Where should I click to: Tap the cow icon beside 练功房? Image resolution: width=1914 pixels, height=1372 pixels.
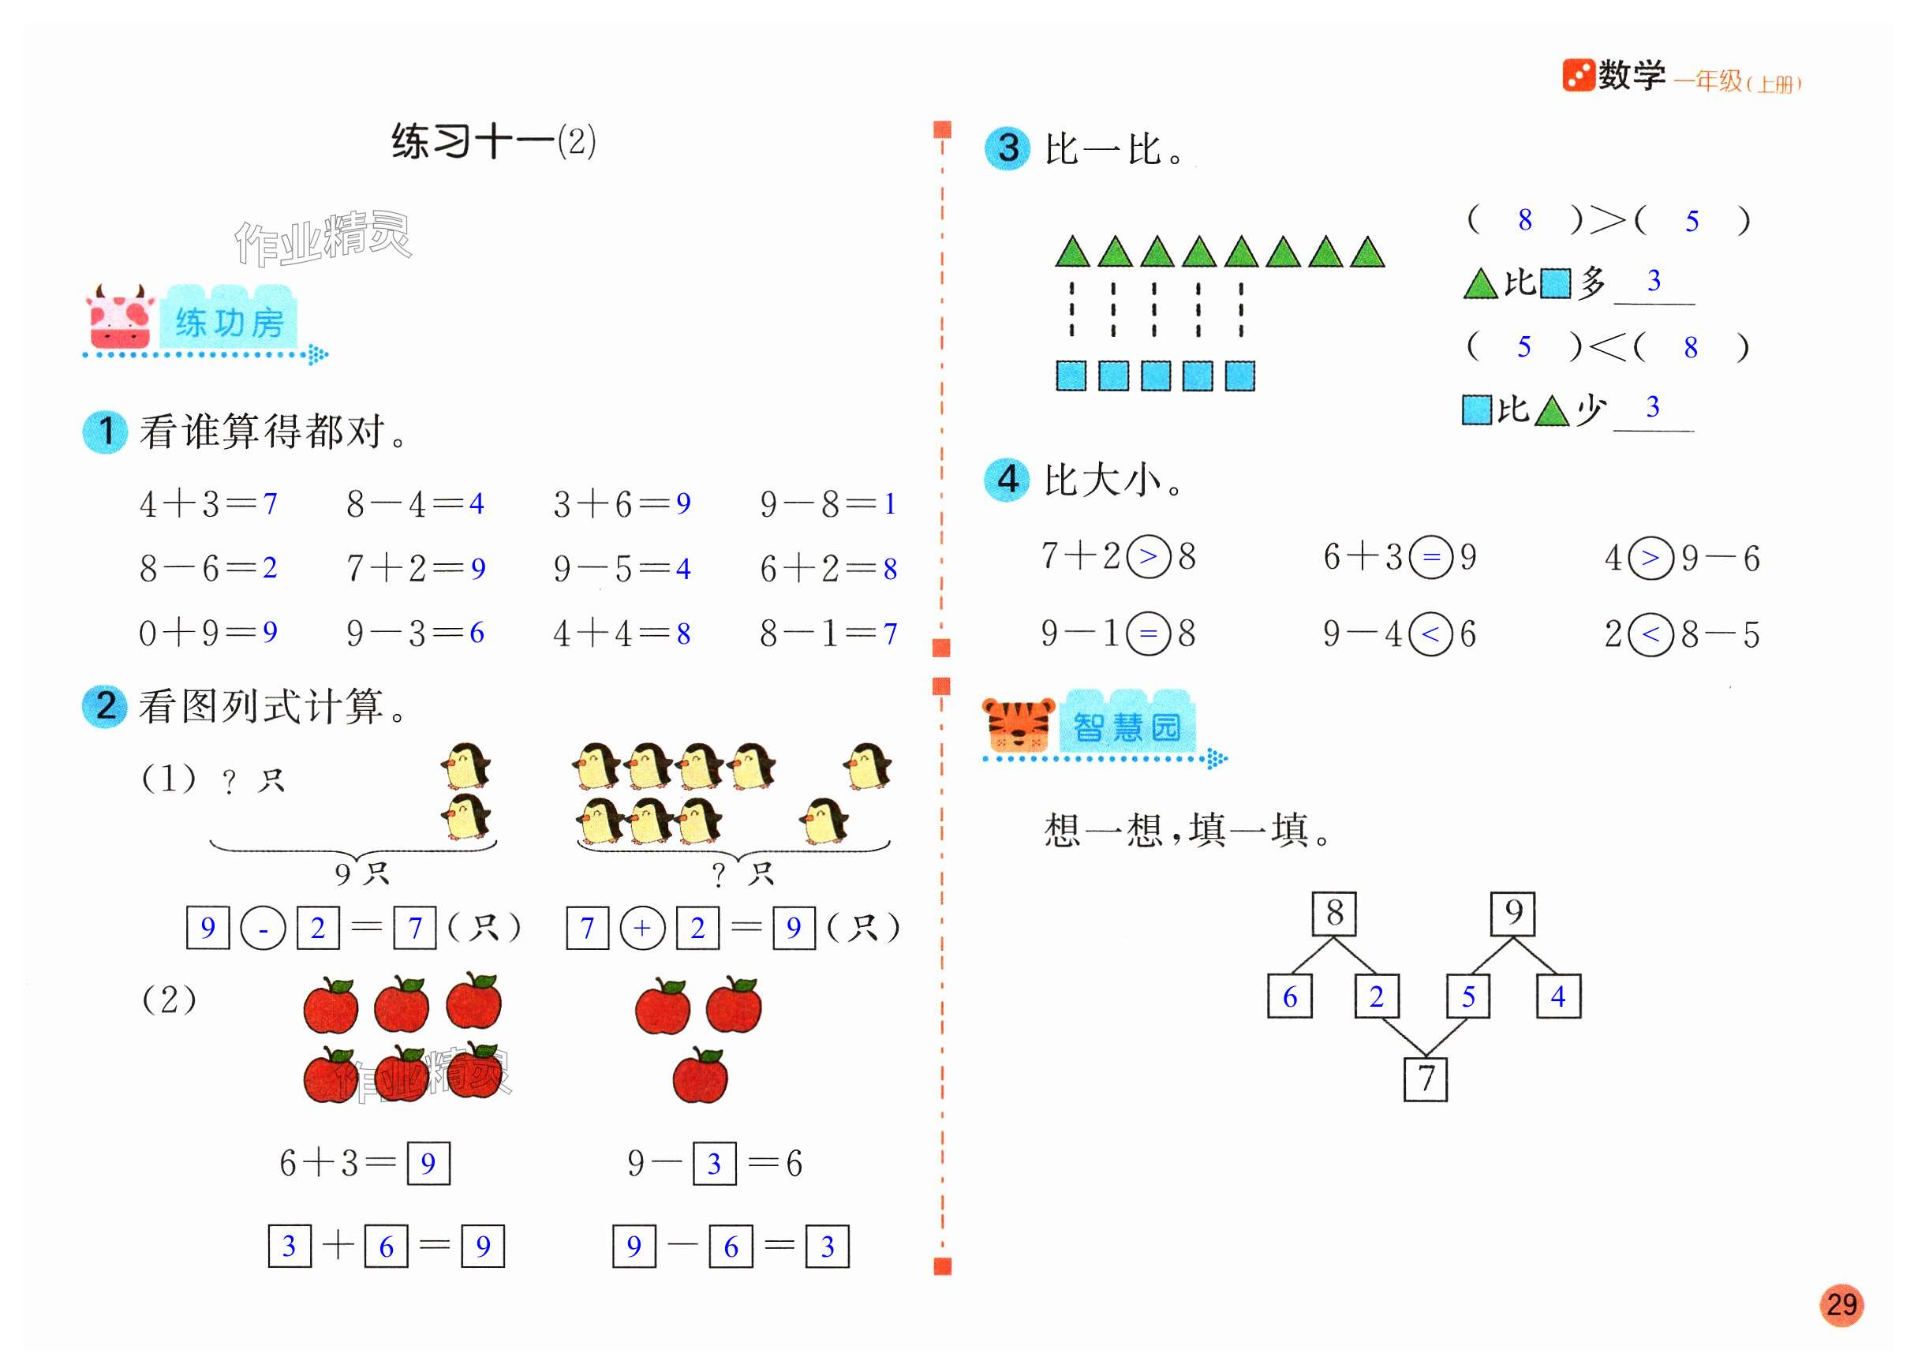[120, 318]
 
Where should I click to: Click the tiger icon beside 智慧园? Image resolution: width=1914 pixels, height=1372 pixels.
[1019, 725]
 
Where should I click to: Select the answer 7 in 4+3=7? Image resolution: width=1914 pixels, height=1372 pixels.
[270, 503]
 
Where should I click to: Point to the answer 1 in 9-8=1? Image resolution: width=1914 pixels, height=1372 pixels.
[889, 503]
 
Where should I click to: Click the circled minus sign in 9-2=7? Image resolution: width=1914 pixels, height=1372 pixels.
[263, 928]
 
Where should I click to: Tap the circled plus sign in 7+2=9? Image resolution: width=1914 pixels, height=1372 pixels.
[642, 928]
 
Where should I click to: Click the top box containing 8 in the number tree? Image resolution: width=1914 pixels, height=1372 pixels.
[1333, 913]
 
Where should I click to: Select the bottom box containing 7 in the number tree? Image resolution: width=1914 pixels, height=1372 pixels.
[1426, 1079]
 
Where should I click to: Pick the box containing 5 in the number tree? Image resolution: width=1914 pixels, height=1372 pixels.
[1467, 996]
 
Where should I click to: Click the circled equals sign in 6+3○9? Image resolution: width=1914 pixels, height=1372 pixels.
[1431, 557]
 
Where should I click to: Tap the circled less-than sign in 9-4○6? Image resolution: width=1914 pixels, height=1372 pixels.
[1430, 634]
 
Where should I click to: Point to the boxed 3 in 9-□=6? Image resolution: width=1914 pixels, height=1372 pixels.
[714, 1164]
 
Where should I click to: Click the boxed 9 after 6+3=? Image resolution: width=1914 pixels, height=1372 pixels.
[428, 1164]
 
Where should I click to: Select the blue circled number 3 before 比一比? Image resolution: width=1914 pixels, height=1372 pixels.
[1007, 148]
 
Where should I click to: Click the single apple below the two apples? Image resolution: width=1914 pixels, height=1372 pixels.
[700, 1076]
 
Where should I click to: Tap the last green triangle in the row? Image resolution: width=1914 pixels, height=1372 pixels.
[1367, 252]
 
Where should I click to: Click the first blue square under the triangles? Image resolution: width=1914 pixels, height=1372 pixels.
[1071, 376]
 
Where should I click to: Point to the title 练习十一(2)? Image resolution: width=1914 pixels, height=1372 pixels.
[493, 141]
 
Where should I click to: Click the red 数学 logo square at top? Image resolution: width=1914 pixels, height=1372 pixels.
[1577, 75]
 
